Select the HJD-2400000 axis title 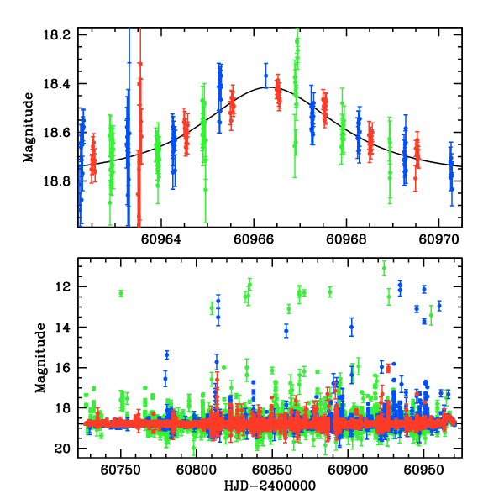268,486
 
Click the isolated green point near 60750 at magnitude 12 121,293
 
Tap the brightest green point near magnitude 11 384,269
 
